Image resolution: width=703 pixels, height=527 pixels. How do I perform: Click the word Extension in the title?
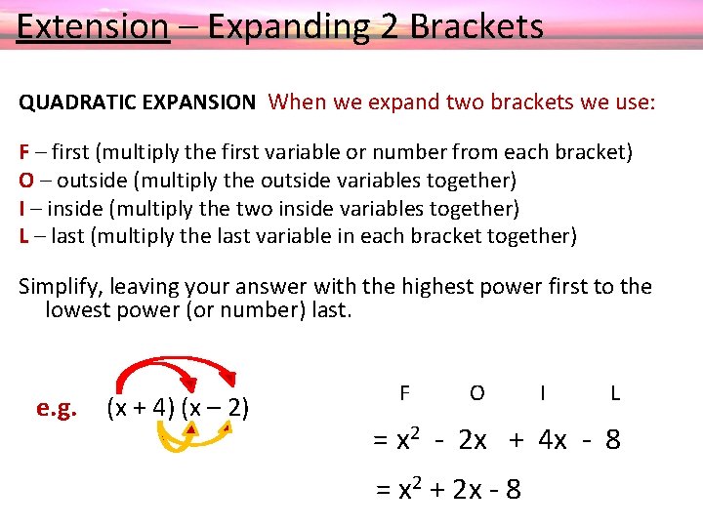tap(93, 26)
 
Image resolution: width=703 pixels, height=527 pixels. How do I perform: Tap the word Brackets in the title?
tap(476, 26)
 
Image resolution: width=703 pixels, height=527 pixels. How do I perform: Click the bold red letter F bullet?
tap(24, 152)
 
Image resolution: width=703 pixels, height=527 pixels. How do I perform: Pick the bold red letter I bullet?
tap(22, 208)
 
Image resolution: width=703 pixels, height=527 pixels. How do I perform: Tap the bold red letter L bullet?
tap(23, 235)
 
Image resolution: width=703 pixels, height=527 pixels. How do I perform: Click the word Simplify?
tap(61, 287)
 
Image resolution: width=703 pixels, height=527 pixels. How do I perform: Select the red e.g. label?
tap(57, 408)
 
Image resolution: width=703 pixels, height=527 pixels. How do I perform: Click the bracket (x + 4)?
tap(140, 407)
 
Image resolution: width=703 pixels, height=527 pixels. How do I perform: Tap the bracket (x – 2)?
tap(215, 407)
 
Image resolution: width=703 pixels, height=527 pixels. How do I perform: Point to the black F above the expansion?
tap(404, 393)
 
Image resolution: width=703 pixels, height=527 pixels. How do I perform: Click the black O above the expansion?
tap(476, 393)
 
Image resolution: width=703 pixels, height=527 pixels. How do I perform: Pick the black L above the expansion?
tap(615, 393)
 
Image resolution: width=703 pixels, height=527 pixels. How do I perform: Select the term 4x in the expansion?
tap(552, 440)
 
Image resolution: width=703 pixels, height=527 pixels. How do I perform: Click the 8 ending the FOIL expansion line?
tap(612, 440)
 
